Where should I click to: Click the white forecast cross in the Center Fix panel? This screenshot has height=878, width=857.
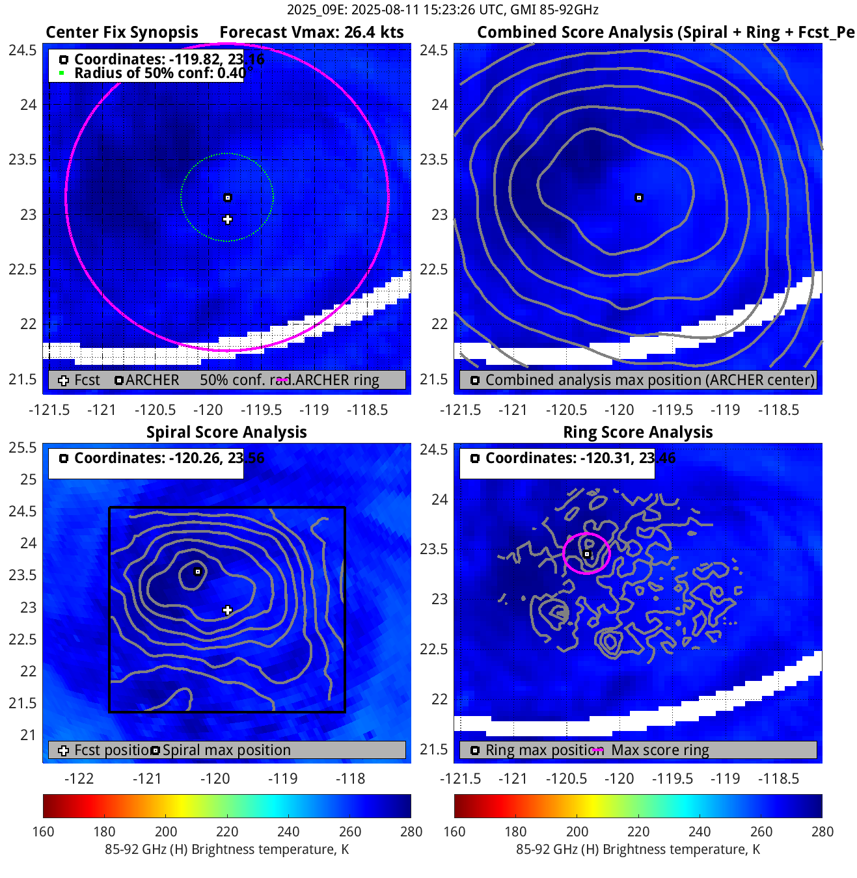(227, 220)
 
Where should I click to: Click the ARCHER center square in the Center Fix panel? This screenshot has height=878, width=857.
(228, 198)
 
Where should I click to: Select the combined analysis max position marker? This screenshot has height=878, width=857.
(639, 198)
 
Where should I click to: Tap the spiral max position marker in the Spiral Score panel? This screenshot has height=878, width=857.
(198, 572)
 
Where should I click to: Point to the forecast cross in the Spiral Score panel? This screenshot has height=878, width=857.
(227, 610)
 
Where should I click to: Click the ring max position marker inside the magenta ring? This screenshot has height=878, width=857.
(587, 554)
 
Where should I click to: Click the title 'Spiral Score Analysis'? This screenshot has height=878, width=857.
(226, 432)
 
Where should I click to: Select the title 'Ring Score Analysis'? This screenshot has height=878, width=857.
(638, 432)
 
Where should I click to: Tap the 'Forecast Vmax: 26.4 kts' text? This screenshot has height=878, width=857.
(311, 33)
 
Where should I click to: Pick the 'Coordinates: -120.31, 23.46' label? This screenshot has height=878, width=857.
(580, 458)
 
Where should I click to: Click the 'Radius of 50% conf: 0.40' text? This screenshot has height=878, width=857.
(159, 73)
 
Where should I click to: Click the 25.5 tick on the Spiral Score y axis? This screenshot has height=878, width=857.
(23, 447)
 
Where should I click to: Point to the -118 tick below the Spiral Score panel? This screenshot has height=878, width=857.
(350, 778)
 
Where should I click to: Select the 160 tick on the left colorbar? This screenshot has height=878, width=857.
(44, 831)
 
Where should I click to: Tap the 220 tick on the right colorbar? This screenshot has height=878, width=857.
(638, 831)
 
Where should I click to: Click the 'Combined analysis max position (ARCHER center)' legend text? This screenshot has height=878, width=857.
(649, 380)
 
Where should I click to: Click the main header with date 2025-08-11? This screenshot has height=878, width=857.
(442, 10)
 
